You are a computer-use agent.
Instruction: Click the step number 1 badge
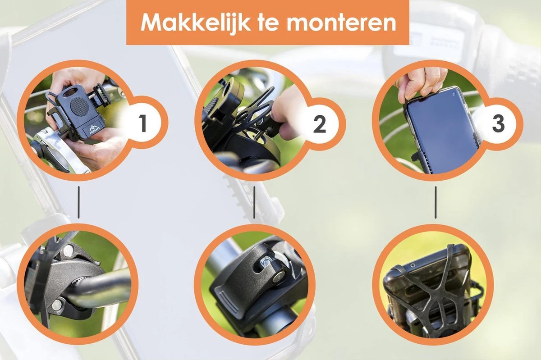pos(143,123)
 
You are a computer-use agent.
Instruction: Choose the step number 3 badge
pos(498,123)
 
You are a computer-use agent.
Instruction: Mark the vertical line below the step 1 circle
pos(79,202)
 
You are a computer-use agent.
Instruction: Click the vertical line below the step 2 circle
pos(254,202)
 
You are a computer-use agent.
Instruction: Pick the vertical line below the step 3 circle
pos(436,202)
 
